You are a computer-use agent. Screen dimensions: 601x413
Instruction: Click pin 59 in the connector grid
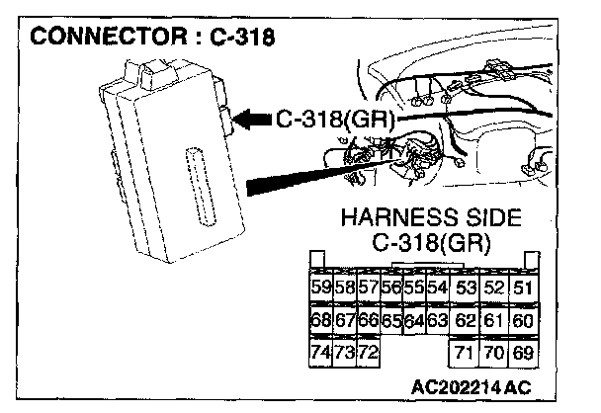pos(320,288)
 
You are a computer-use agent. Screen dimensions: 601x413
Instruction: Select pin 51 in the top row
pos(523,288)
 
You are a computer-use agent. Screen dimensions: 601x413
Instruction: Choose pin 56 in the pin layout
pos(390,288)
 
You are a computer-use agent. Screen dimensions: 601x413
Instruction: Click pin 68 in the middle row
pos(320,320)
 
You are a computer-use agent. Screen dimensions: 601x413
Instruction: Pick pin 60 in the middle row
pos(523,320)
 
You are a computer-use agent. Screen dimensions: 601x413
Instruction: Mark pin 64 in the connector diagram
pos(414,320)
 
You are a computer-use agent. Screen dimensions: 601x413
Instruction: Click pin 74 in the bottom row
pos(320,352)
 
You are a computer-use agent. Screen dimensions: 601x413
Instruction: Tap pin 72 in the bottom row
pos(367,352)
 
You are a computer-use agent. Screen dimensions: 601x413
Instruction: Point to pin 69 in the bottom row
pos(523,352)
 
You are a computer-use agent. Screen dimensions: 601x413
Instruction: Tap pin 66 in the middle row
pos(367,320)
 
